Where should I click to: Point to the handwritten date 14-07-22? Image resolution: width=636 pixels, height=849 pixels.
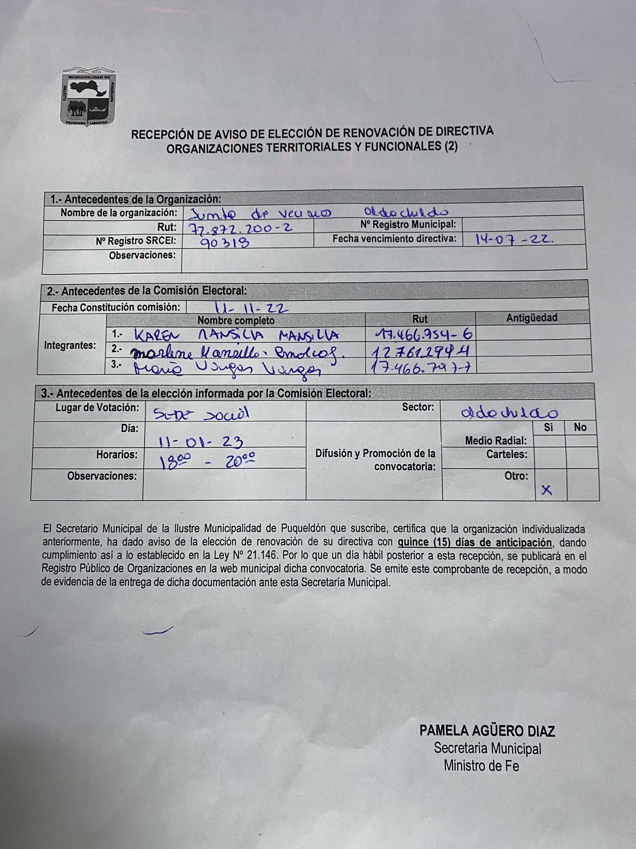point(514,240)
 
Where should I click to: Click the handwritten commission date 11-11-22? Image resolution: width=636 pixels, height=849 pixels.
point(251,307)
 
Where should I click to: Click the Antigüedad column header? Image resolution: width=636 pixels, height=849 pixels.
point(532,318)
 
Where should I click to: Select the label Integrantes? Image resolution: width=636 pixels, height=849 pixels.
point(70,345)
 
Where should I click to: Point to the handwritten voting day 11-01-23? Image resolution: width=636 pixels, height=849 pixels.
point(201,442)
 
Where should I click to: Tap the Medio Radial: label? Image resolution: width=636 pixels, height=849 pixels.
point(496,441)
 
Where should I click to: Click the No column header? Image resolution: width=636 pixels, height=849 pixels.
point(580,427)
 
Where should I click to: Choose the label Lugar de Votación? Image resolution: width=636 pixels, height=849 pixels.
point(97,408)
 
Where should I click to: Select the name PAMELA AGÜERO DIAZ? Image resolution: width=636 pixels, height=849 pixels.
point(487,730)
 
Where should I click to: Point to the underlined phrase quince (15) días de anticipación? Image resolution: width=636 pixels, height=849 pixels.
point(475,543)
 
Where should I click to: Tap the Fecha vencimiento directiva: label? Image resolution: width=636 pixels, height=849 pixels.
point(395,239)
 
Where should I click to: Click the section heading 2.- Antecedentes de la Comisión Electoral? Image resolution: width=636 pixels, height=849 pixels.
point(147,291)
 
